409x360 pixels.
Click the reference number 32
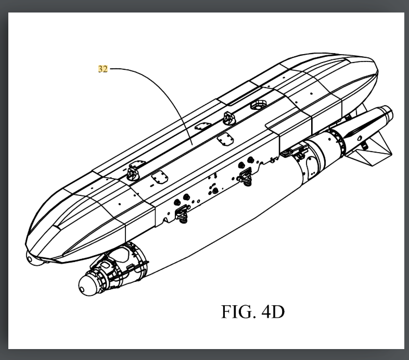pos(103,69)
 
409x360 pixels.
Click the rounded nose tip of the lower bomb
pos(85,284)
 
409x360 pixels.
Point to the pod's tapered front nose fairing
pos(62,219)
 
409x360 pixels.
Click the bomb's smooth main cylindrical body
pos(219,219)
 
